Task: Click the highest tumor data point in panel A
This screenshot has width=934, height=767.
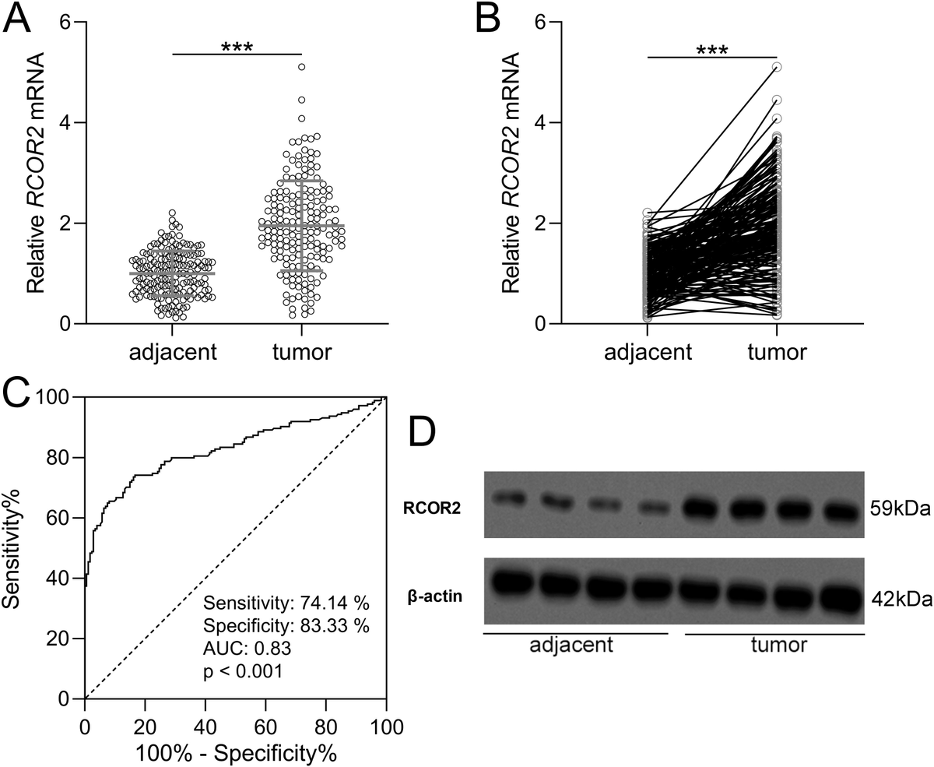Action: (301, 67)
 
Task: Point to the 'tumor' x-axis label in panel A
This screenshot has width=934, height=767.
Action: (302, 353)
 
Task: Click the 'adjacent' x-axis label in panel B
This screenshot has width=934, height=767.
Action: (648, 353)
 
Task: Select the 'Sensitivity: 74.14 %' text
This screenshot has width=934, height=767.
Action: (286, 602)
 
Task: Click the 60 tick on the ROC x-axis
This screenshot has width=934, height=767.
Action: (265, 728)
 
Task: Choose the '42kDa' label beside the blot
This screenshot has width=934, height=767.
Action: (900, 600)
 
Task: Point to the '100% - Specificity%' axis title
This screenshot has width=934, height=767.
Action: (236, 754)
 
